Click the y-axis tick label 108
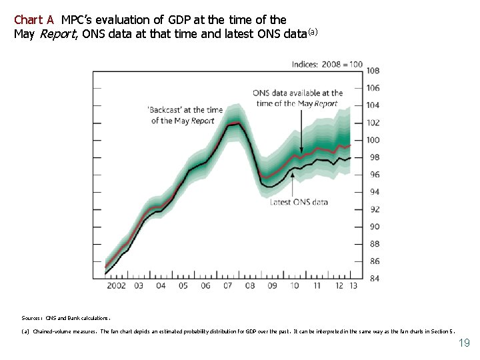tap(373, 71)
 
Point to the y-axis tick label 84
tap(374, 278)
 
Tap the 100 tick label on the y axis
tap(373, 140)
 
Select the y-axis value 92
tap(374, 209)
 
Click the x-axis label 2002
tap(116, 286)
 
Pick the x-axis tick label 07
tap(227, 286)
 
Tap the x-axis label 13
tap(353, 286)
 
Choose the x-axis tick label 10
tap(295, 286)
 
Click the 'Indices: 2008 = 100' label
tap(327, 64)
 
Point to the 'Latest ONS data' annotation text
tap(299, 202)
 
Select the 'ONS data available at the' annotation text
tap(298, 93)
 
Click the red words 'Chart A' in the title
tap(34, 20)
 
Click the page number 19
tap(464, 343)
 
